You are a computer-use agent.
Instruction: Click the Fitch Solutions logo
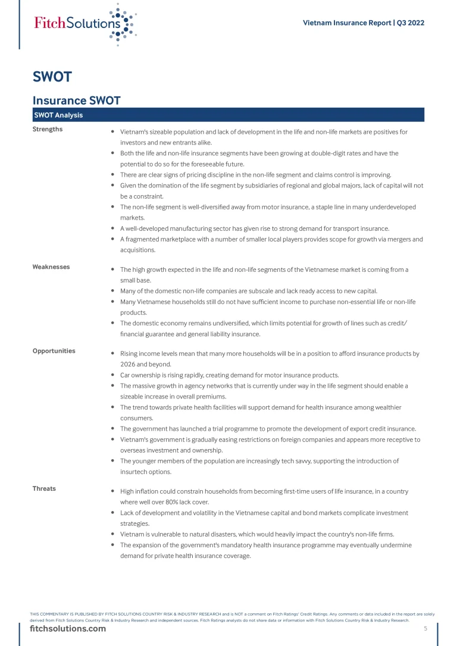coord(85,23)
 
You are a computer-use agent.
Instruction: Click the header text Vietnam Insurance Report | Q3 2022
coord(364,23)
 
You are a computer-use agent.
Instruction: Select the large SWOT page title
coord(52,77)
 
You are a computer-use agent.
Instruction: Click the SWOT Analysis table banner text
coord(58,115)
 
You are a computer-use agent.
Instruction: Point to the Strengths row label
coord(48,129)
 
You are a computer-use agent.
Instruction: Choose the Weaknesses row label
coord(51,267)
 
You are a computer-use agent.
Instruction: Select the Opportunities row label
coord(54,351)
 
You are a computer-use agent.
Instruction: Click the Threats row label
coord(44,488)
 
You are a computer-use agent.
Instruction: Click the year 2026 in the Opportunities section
coord(129,365)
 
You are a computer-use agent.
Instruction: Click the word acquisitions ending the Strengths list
coord(137,250)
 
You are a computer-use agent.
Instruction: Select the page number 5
coord(425,629)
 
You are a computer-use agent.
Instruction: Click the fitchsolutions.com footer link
coord(68,629)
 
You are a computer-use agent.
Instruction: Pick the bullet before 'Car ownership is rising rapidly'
coord(113,375)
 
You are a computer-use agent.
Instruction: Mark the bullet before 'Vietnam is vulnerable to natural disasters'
coord(113,535)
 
